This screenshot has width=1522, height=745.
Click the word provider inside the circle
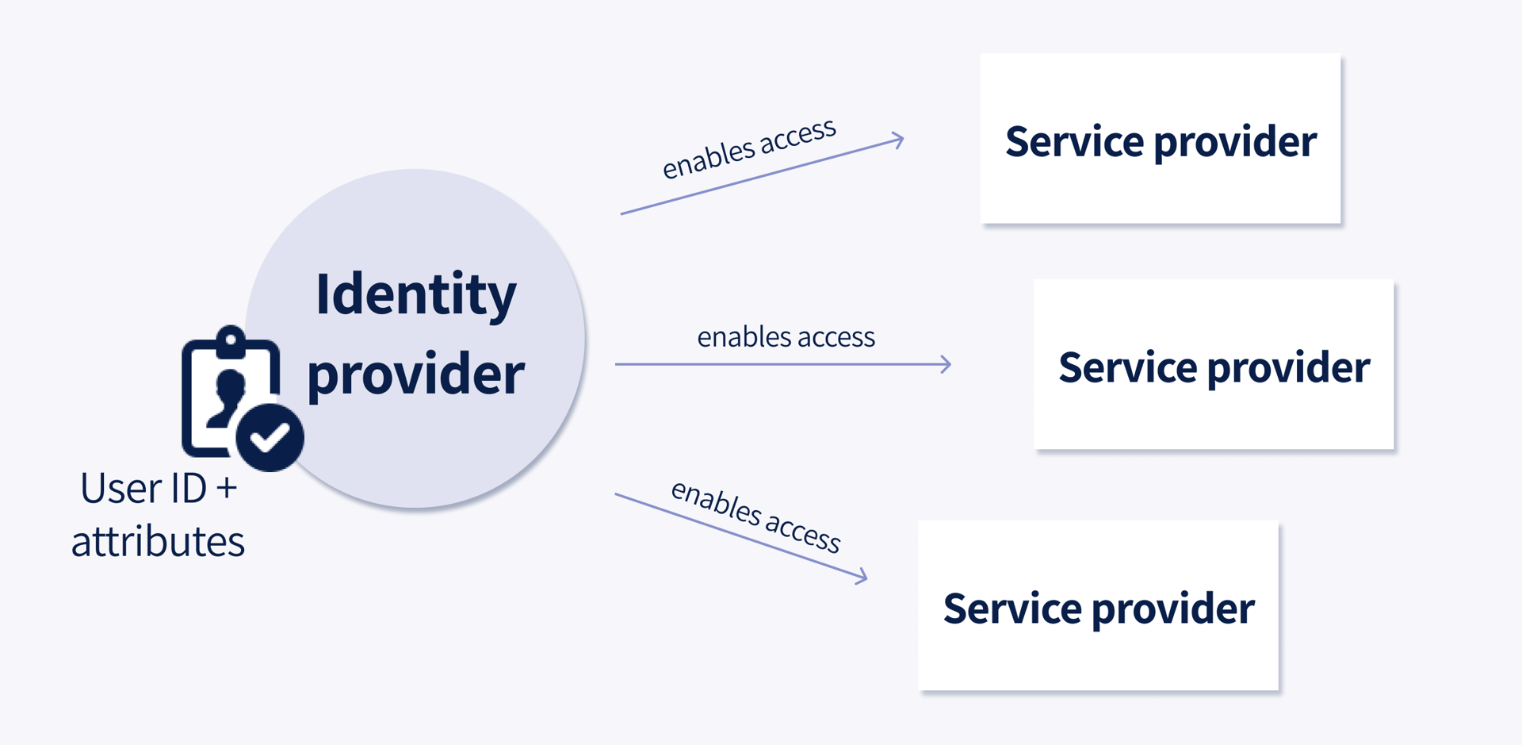click(415, 374)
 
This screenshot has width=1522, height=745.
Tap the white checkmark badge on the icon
click(270, 437)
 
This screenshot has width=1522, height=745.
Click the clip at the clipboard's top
click(231, 340)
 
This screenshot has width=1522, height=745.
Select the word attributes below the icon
click(158, 542)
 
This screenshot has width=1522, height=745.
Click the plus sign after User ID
click(226, 488)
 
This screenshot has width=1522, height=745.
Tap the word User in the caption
click(116, 488)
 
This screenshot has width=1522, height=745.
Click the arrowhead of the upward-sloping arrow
click(898, 140)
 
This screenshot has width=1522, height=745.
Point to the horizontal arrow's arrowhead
click(946, 364)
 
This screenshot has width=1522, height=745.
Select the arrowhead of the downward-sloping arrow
click(862, 577)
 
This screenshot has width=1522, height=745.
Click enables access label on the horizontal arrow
click(786, 337)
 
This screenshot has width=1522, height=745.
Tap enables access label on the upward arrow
click(749, 148)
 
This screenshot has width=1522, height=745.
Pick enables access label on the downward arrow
click(755, 517)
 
